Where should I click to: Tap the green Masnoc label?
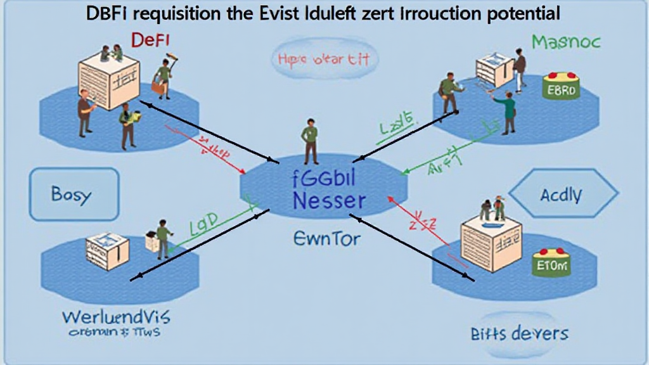[565, 42]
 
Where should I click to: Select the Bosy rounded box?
[74, 194]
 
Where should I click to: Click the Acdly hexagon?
[562, 195]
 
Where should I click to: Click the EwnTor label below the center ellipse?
[327, 239]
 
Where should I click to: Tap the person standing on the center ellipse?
[310, 141]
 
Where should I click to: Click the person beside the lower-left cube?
[163, 240]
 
